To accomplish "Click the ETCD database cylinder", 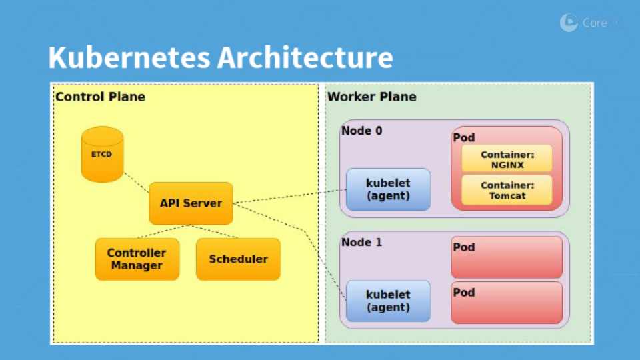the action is tap(102, 154).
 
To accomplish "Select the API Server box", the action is tap(191, 203).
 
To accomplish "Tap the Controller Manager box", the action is tap(137, 259).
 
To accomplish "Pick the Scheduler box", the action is tap(239, 259).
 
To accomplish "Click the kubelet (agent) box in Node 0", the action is tap(388, 189).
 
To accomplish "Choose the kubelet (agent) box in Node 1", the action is tap(388, 301).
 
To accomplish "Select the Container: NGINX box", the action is tap(507, 159).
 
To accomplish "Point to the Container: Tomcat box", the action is tap(507, 190).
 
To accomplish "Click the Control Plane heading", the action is tap(101, 97).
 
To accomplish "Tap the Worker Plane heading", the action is tap(372, 97).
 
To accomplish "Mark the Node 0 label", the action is tap(362, 131).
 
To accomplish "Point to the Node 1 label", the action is tap(362, 242).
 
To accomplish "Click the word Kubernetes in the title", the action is tap(129, 57).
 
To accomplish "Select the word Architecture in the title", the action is tap(305, 57).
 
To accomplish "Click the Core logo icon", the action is tap(569, 23).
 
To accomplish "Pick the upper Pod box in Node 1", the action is tap(507, 257).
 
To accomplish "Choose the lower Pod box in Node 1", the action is tap(507, 303).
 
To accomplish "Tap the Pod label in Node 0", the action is tap(464, 137).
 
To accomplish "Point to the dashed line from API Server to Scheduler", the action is tap(214, 231).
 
